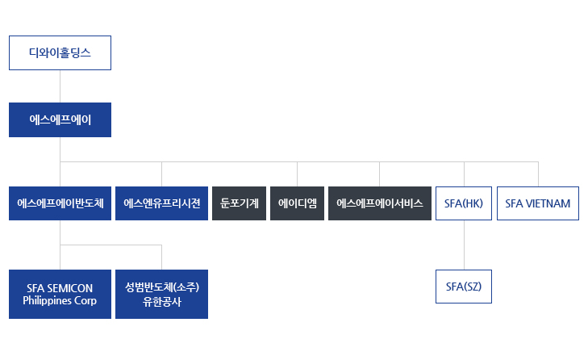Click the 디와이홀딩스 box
click(60, 53)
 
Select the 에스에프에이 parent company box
click(60, 119)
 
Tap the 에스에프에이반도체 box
click(60, 203)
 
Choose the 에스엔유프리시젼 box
click(161, 203)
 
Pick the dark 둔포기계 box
click(239, 203)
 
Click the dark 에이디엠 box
click(297, 203)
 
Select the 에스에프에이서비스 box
click(379, 203)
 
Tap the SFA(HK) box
click(464, 203)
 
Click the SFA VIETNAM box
click(537, 203)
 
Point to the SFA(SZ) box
click(464, 287)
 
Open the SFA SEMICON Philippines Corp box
click(60, 295)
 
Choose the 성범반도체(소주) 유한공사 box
click(161, 295)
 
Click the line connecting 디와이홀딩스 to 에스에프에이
click(60, 86)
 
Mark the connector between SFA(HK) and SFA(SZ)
click(464, 245)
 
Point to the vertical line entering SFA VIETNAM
click(538, 174)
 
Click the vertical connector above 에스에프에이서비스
click(379, 174)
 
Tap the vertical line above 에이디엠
click(297, 174)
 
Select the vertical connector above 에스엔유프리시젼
click(161, 174)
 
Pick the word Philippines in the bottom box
click(47, 301)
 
